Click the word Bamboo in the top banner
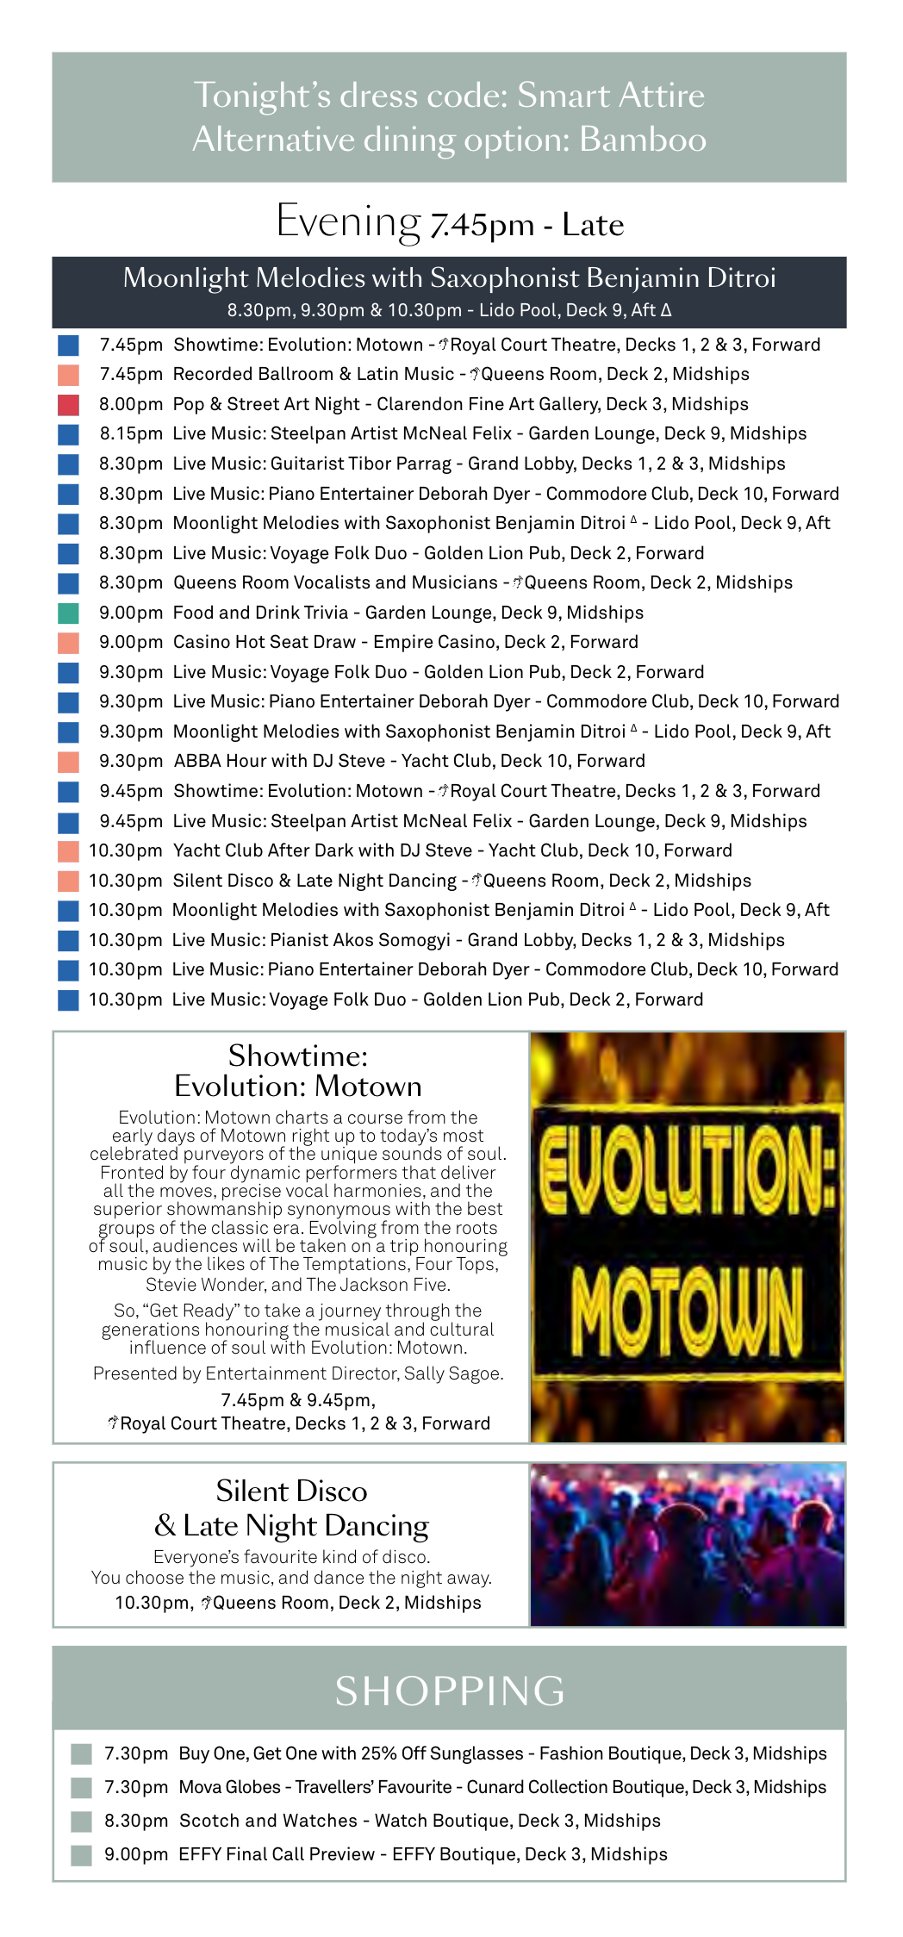point(643,140)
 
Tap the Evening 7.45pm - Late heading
point(449,222)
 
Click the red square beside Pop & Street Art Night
point(68,404)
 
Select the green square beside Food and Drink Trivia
point(68,613)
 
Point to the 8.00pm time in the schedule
point(131,404)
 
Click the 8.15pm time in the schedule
point(131,433)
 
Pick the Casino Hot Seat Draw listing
point(405,642)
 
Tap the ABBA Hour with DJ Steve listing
point(409,761)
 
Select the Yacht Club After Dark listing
point(452,850)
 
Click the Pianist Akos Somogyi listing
point(478,940)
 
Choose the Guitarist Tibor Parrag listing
point(478,464)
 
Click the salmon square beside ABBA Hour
point(68,762)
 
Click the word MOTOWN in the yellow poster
point(687,1311)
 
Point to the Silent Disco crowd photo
point(687,1544)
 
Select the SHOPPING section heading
point(449,1691)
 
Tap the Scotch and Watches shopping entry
point(420,1821)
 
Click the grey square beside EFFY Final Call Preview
point(82,1854)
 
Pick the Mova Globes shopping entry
point(501,1787)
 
